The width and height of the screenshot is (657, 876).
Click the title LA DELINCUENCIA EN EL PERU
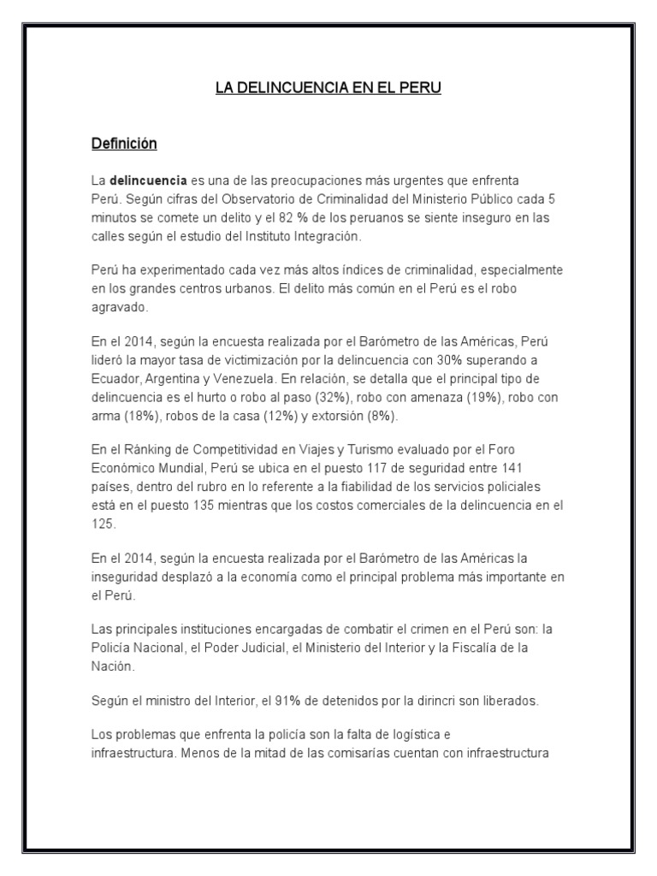pos(328,88)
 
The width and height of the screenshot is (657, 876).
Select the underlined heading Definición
pos(124,144)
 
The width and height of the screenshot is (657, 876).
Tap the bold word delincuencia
pos(148,181)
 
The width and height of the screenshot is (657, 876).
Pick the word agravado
pos(118,306)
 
